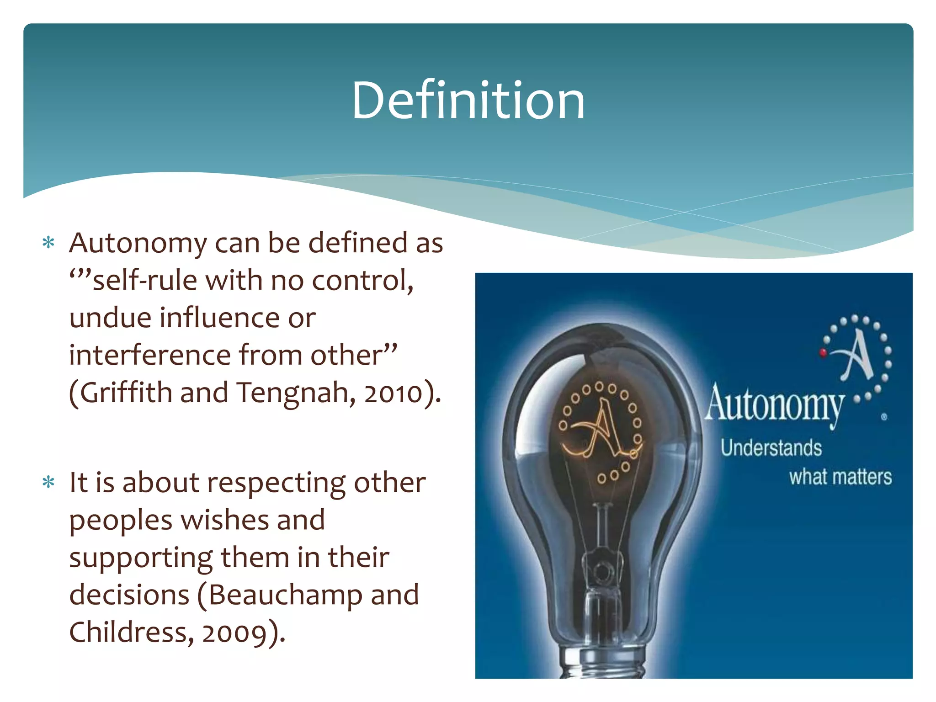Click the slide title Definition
pyautogui.click(x=468, y=100)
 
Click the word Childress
pyautogui.click(x=128, y=632)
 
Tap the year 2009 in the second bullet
pyautogui.click(x=234, y=633)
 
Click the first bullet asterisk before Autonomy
pyautogui.click(x=48, y=243)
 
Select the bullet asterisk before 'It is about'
pyautogui.click(x=48, y=482)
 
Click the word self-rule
pyautogui.click(x=145, y=280)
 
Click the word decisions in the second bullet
pyautogui.click(x=129, y=595)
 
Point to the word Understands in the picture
pyautogui.click(x=771, y=448)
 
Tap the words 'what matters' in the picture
pyautogui.click(x=840, y=477)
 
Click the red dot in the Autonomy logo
pyautogui.click(x=823, y=352)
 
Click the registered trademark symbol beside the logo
pyautogui.click(x=884, y=417)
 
